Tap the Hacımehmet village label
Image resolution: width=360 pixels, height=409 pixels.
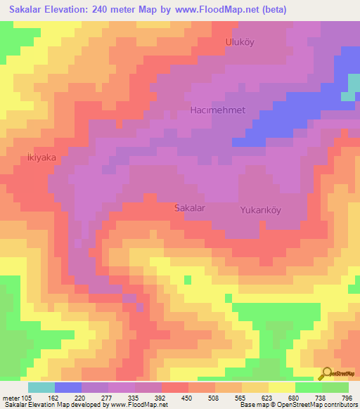pos(217,111)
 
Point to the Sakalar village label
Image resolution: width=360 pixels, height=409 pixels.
pos(189,208)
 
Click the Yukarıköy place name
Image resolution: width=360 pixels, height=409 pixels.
pos(260,209)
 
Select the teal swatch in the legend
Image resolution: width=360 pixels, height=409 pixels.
pos(41,387)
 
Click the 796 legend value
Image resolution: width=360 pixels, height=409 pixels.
pos(347,398)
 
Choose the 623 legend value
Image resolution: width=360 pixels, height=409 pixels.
pos(268,398)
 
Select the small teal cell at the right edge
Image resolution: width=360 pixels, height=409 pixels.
pos(349,96)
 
